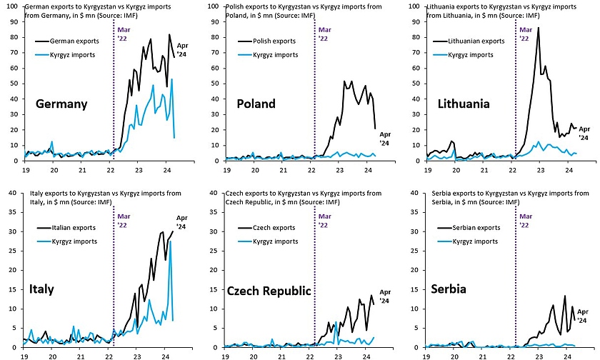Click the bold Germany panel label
(61, 104)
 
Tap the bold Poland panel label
(256, 104)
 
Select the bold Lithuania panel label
(464, 104)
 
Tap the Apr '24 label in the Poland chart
(385, 138)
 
